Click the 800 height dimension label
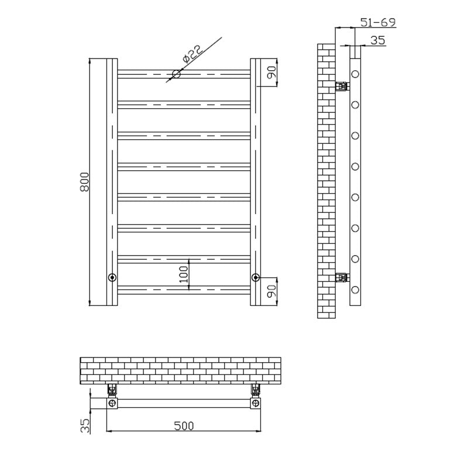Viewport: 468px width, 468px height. (84, 183)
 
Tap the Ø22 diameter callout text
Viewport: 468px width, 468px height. (192, 54)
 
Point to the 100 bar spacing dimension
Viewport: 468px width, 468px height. (184, 274)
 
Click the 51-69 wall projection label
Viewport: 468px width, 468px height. (378, 22)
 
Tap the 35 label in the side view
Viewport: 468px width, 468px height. (378, 40)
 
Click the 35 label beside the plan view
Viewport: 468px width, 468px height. (85, 426)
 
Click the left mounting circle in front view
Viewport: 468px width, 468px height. (112, 277)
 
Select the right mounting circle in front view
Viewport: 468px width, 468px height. (256, 277)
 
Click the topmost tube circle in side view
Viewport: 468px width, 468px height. (355, 74)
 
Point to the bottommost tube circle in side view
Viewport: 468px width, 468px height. (355, 290)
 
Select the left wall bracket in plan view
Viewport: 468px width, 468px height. (112, 390)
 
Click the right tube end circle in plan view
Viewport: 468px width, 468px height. (256, 403)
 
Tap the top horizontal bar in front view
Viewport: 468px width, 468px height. (184, 74)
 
